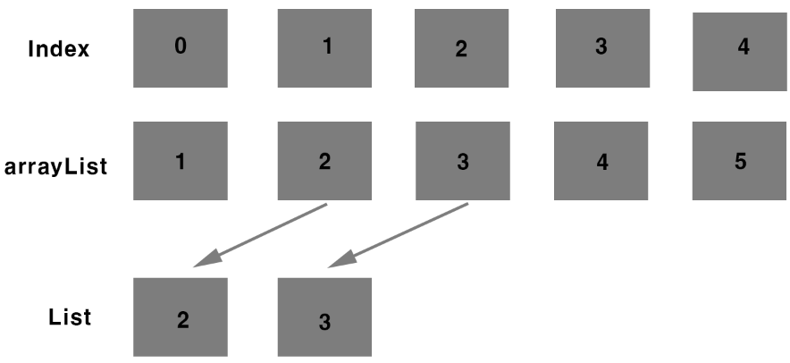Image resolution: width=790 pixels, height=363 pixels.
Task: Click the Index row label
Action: [59, 49]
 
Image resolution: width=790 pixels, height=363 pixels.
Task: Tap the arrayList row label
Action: [55, 165]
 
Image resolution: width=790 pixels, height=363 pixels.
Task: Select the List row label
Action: [70, 317]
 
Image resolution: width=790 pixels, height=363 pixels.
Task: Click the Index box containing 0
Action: [181, 48]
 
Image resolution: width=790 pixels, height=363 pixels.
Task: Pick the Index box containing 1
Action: [324, 48]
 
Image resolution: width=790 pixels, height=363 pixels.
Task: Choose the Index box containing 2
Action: [462, 48]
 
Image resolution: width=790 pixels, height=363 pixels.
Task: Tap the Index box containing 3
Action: [601, 48]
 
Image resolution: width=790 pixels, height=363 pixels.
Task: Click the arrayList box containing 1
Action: [181, 161]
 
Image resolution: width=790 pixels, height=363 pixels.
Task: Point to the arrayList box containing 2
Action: [324, 161]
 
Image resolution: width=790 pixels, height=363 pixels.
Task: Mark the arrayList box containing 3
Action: [462, 161]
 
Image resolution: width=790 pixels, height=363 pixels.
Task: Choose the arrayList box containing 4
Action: [601, 161]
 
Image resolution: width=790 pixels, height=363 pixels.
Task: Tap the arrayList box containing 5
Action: [740, 161]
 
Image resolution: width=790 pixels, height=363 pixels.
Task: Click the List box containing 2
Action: [181, 317]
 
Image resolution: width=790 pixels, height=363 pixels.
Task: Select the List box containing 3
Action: [324, 317]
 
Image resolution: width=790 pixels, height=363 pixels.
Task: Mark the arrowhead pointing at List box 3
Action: [342, 259]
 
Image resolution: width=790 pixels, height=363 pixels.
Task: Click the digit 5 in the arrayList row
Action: [741, 164]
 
